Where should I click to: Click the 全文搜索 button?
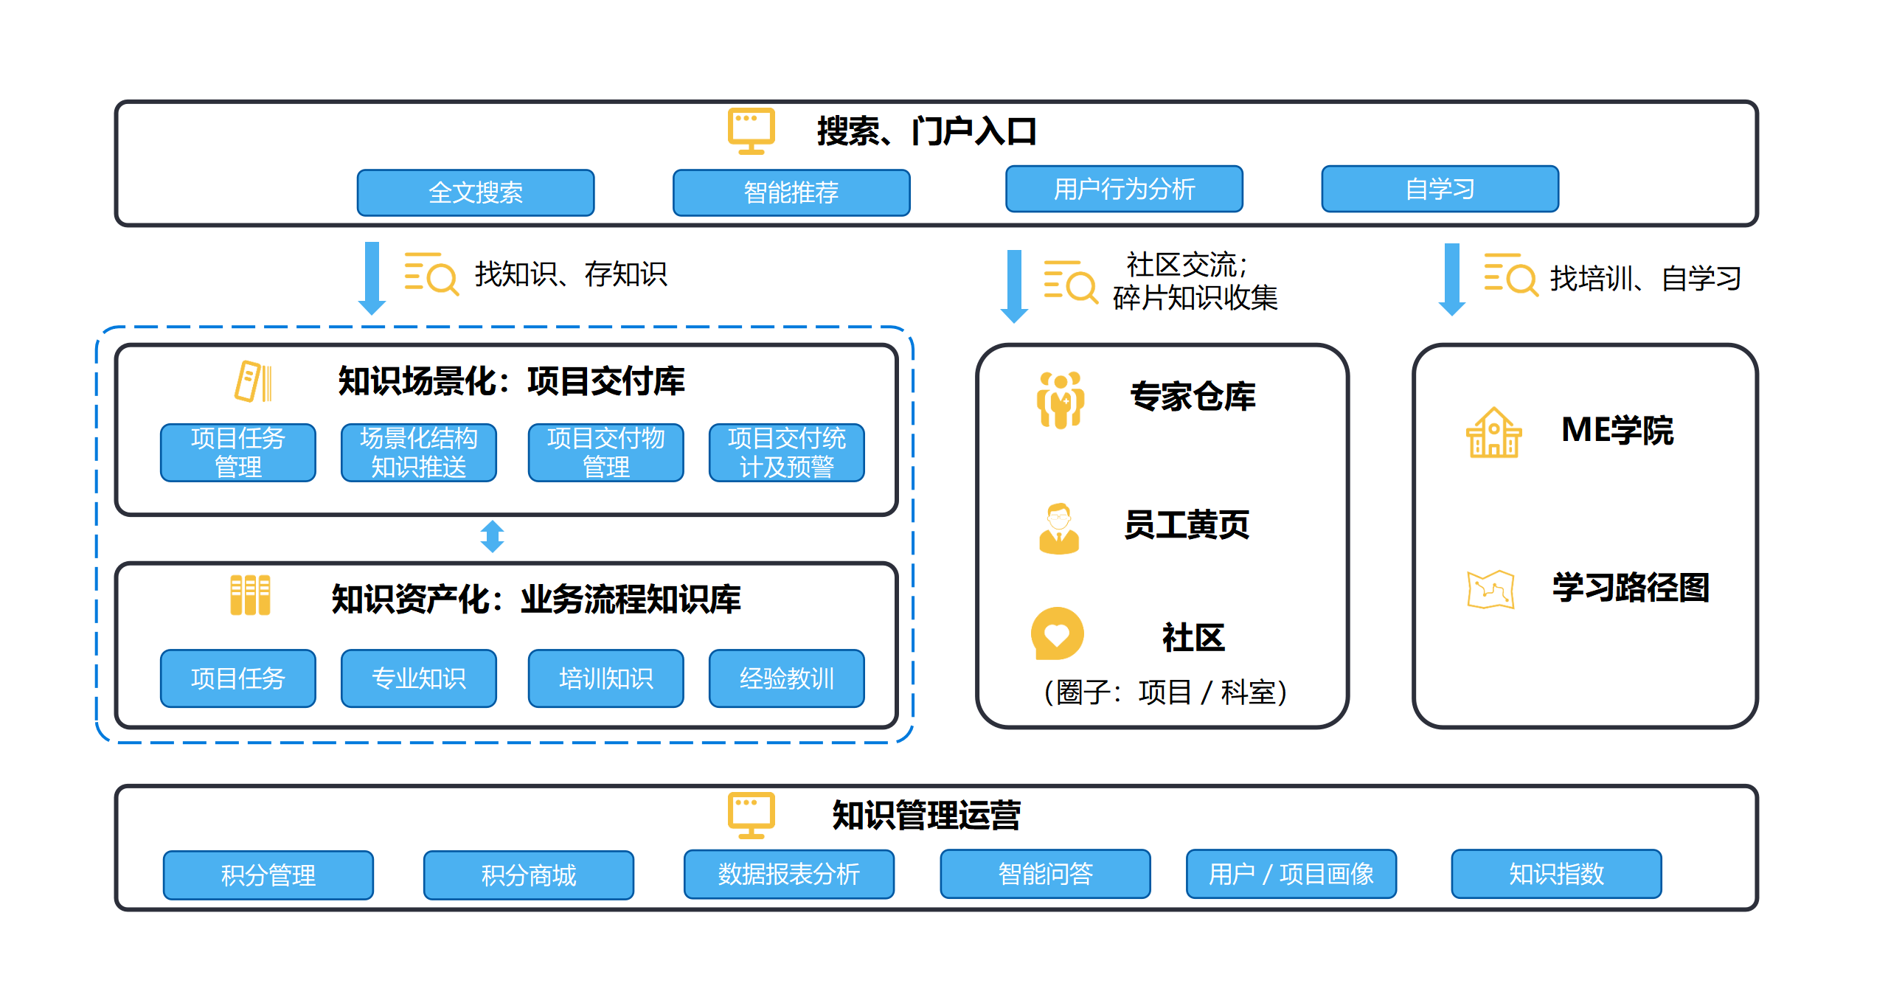tap(476, 192)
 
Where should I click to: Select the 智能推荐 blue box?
tap(791, 192)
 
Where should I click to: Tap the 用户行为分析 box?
tap(1124, 189)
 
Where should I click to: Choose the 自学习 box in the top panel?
tap(1440, 189)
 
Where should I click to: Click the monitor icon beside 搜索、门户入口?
tap(751, 131)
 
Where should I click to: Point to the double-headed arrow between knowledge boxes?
tap(492, 537)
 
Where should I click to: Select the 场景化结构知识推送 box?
tap(418, 452)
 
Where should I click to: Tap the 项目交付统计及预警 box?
tap(786, 452)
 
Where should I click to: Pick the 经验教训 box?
tap(786, 678)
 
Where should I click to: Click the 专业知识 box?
tap(418, 678)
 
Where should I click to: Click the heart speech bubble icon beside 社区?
tap(1057, 633)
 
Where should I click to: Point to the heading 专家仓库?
tap(1193, 396)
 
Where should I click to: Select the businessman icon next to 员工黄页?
tap(1059, 528)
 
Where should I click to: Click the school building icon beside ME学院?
tap(1493, 433)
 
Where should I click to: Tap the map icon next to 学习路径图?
tap(1490, 589)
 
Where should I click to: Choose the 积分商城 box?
tap(528, 875)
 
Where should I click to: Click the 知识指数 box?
tap(1556, 874)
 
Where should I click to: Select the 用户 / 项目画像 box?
tap(1291, 874)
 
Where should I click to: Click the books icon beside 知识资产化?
tap(250, 595)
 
